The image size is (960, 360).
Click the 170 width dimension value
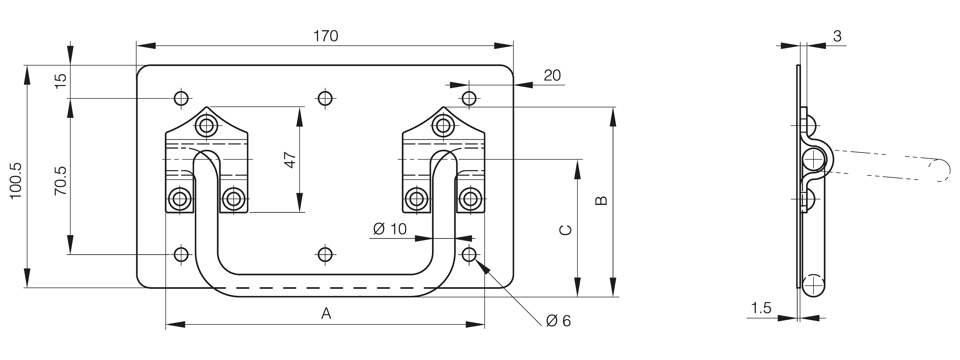(325, 36)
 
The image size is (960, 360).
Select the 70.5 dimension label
(60, 181)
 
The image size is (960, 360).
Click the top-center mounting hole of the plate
(325, 98)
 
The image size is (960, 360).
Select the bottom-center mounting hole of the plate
(325, 254)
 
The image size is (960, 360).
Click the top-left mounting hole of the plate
(181, 98)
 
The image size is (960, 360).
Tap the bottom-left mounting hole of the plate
(181, 254)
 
